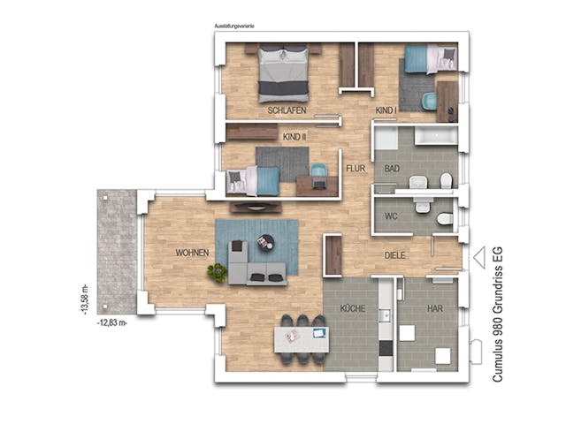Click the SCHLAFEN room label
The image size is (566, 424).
(287, 110)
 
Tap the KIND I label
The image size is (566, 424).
(386, 110)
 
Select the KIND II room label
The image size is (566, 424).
(294, 138)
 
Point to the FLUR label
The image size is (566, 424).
(356, 167)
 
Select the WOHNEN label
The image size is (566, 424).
(192, 254)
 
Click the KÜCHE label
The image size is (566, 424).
(353, 309)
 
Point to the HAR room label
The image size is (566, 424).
(434, 309)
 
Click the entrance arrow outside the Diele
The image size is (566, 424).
(479, 257)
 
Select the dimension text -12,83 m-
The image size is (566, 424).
(112, 323)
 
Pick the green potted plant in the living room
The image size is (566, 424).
(217, 274)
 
